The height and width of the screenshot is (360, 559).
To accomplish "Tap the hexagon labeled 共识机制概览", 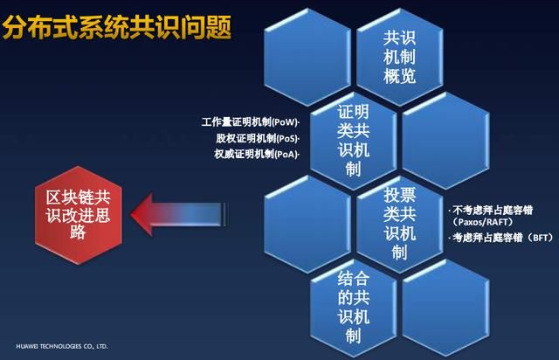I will point(400,57).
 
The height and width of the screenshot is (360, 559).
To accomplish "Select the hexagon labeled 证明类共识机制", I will point(353,141).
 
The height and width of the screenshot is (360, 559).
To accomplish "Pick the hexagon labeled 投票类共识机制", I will point(400,223).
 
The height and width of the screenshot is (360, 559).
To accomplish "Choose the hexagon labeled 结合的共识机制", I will point(353,306).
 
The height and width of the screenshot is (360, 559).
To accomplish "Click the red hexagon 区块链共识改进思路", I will point(79,213).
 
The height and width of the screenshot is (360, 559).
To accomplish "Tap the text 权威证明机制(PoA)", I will point(256,154).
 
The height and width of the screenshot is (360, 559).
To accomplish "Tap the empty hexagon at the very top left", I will point(307,57).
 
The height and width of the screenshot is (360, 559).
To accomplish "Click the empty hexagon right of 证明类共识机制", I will point(445,141).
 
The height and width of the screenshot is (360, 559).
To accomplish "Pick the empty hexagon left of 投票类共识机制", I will point(307,223).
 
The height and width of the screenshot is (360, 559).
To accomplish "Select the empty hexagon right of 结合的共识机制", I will point(445,306).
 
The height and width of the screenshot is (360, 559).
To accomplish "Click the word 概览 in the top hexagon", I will point(400,75).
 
